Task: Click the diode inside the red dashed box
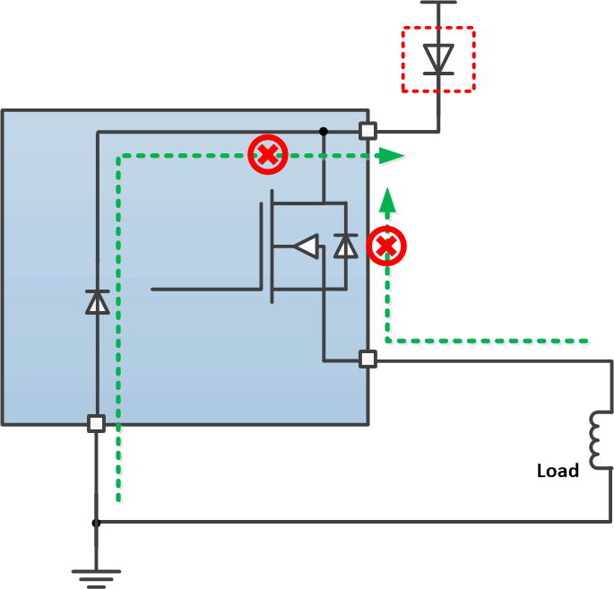(x=438, y=59)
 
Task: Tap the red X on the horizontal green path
(x=267, y=154)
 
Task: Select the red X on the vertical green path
(x=387, y=246)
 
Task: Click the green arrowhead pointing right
(x=390, y=155)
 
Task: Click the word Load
(x=558, y=471)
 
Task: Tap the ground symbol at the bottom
(x=96, y=574)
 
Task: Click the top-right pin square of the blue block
(x=368, y=131)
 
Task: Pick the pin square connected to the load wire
(x=368, y=359)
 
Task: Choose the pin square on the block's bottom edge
(x=96, y=423)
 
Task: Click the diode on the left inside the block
(x=97, y=302)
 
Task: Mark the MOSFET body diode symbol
(x=345, y=246)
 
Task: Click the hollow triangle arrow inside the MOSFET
(x=306, y=247)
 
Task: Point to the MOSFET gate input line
(x=206, y=290)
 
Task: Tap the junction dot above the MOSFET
(x=323, y=132)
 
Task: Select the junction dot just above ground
(x=96, y=522)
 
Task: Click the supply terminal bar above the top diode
(x=438, y=3)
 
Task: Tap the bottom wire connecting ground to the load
(x=359, y=522)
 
